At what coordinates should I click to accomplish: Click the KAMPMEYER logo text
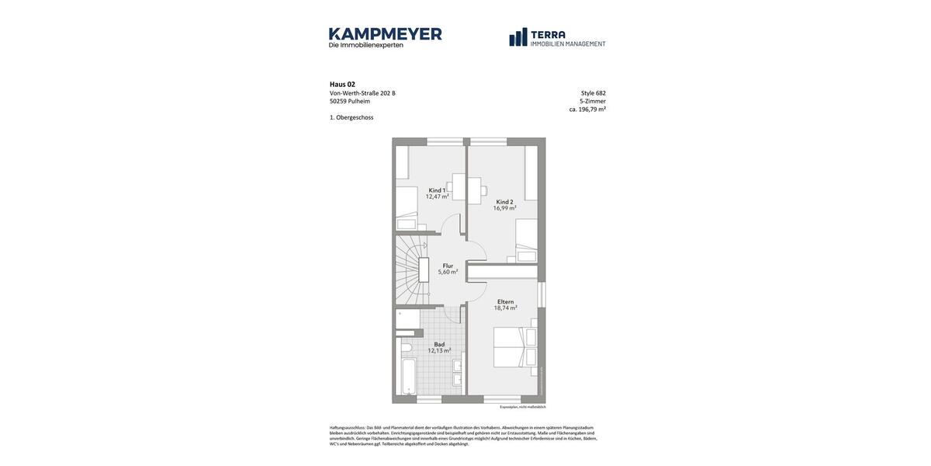tap(385, 34)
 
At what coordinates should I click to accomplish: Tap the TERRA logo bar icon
tap(518, 37)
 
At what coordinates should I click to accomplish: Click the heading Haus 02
tap(342, 85)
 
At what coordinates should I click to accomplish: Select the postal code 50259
tap(338, 101)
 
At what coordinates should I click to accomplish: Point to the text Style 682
tap(593, 93)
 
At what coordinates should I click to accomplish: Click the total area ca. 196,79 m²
tap(587, 110)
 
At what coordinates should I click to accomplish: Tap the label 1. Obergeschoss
tap(351, 117)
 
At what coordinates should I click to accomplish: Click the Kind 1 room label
tap(437, 190)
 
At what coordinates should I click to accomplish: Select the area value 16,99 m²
tap(504, 208)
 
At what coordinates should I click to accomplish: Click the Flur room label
tap(448, 266)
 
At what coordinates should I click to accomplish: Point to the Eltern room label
tap(505, 301)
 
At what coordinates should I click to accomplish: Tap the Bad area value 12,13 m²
tap(439, 351)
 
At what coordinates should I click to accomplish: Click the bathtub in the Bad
tap(408, 377)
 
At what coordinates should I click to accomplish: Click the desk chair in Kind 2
tap(483, 190)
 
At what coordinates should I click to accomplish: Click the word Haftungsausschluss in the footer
tap(347, 427)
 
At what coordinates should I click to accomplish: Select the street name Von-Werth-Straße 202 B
tap(362, 93)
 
